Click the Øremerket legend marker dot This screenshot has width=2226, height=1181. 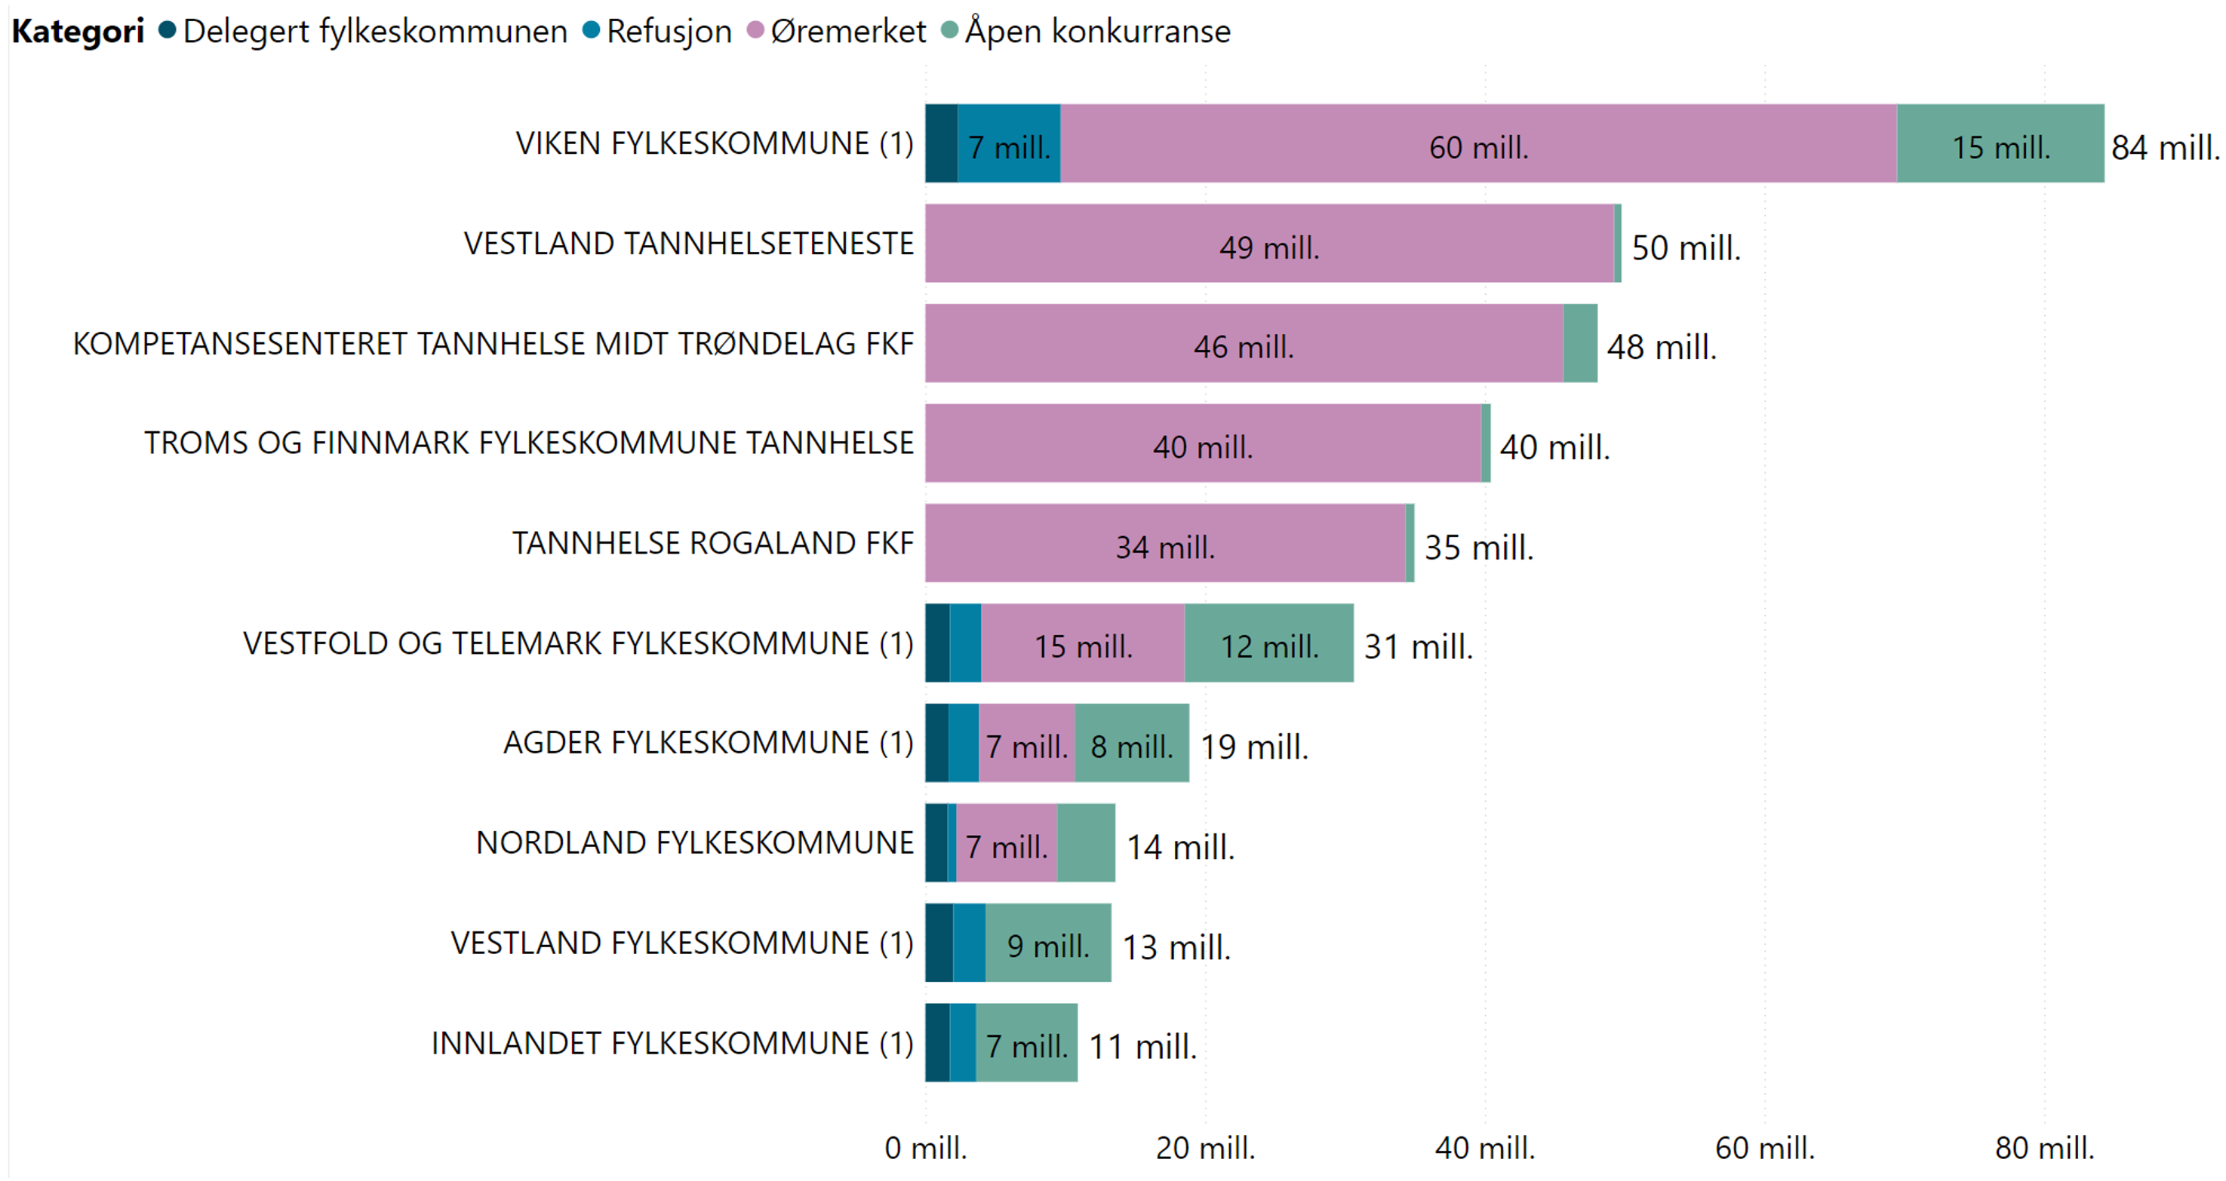coord(755,30)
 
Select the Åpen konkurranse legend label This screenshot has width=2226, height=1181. coord(1096,31)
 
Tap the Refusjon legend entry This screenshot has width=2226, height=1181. coord(668,31)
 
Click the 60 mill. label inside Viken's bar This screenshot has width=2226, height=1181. coord(1477,147)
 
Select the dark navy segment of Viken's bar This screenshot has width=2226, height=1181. coord(941,143)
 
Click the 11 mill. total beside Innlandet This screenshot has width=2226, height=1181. coord(1142,1045)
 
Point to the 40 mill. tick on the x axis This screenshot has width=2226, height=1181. coord(1483,1147)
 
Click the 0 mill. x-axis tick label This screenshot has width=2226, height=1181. coord(925,1147)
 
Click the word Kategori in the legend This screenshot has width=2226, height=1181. coord(78,31)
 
